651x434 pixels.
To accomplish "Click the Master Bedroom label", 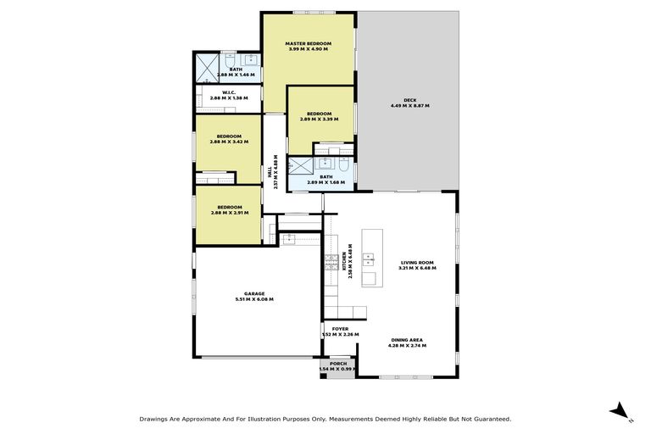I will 307,43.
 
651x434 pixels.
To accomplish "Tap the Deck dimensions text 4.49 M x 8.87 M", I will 410,106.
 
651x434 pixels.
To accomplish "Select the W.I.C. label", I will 228,92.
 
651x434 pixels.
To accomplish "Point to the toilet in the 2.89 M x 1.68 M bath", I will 342,164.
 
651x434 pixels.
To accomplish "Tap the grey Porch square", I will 339,366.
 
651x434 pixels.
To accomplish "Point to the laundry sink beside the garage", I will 291,238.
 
